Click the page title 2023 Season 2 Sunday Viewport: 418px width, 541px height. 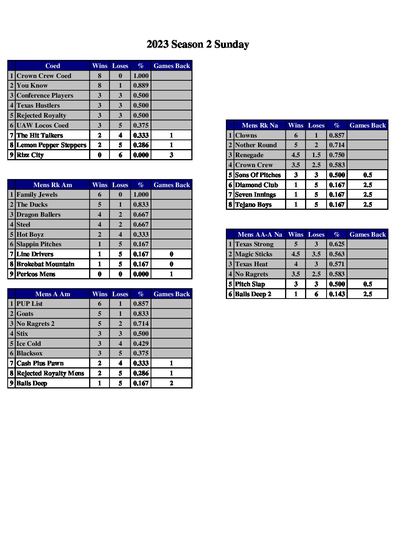coord(197,45)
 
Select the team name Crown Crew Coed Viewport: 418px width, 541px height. coord(44,76)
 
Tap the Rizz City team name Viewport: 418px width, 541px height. coord(30,155)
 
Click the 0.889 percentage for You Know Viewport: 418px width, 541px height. coord(141,86)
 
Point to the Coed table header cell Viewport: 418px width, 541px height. coord(53,66)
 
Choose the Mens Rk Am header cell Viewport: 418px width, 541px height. coord(53,185)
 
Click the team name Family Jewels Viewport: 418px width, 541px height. coord(37,195)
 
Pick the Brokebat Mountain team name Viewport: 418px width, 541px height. coord(45,264)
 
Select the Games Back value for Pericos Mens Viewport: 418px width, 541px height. coord(171,274)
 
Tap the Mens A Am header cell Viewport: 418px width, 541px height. coord(53,294)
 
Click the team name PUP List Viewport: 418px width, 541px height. coord(30,304)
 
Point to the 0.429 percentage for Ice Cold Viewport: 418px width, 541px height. coord(141,344)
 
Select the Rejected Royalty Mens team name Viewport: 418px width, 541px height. coord(50,373)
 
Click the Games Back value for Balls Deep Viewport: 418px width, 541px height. coord(171,383)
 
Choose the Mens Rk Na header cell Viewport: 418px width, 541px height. coord(260,125)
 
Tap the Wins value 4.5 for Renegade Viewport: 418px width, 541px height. coord(295,155)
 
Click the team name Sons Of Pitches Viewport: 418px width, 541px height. coord(258,175)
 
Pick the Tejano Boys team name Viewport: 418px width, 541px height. coord(253,205)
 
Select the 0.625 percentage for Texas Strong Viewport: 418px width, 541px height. coord(337,244)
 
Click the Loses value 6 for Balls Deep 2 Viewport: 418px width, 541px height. coord(316,294)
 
